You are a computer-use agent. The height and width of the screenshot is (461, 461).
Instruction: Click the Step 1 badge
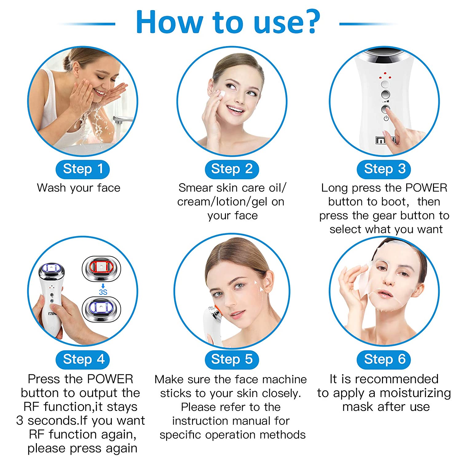click(83, 169)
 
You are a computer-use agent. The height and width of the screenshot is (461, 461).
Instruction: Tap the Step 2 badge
click(232, 169)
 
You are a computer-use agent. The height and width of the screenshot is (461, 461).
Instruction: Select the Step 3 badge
click(384, 169)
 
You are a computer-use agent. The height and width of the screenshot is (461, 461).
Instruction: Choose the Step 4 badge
click(83, 360)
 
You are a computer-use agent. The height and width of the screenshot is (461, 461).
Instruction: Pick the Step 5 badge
click(232, 360)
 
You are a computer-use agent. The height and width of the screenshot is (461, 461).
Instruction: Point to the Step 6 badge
click(384, 360)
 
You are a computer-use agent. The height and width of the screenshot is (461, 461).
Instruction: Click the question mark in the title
click(310, 22)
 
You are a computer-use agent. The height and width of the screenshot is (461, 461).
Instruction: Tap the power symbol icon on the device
click(386, 118)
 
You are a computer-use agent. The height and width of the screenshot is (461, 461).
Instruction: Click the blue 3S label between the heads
click(103, 292)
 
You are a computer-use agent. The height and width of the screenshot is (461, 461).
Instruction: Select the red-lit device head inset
click(101, 268)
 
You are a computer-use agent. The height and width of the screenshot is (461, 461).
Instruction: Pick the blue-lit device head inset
click(101, 309)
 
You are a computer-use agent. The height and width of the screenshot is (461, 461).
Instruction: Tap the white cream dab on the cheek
click(221, 93)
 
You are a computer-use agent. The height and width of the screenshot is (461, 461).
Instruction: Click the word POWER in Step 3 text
click(426, 188)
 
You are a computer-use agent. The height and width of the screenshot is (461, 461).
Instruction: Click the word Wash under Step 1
click(52, 188)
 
